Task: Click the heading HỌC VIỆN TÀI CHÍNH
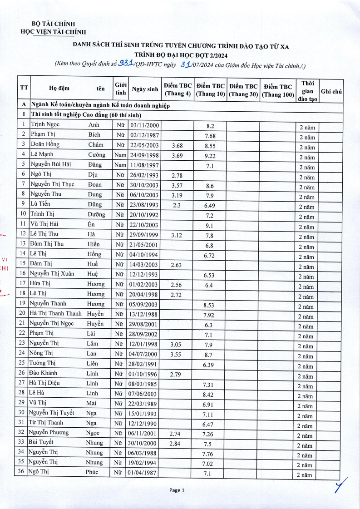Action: [54, 32]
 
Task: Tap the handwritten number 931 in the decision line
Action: [125, 64]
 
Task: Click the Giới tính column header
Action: [120, 89]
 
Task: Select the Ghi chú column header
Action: [331, 91]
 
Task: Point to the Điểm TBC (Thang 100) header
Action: [278, 90]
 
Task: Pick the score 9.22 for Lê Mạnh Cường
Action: [209, 155]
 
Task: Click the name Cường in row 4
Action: [96, 154]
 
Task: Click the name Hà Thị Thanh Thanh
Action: [55, 313]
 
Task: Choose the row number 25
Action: [21, 363]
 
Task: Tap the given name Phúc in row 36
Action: [92, 472]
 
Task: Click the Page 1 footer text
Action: [177, 490]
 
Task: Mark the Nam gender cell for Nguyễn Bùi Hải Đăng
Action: [120, 165]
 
